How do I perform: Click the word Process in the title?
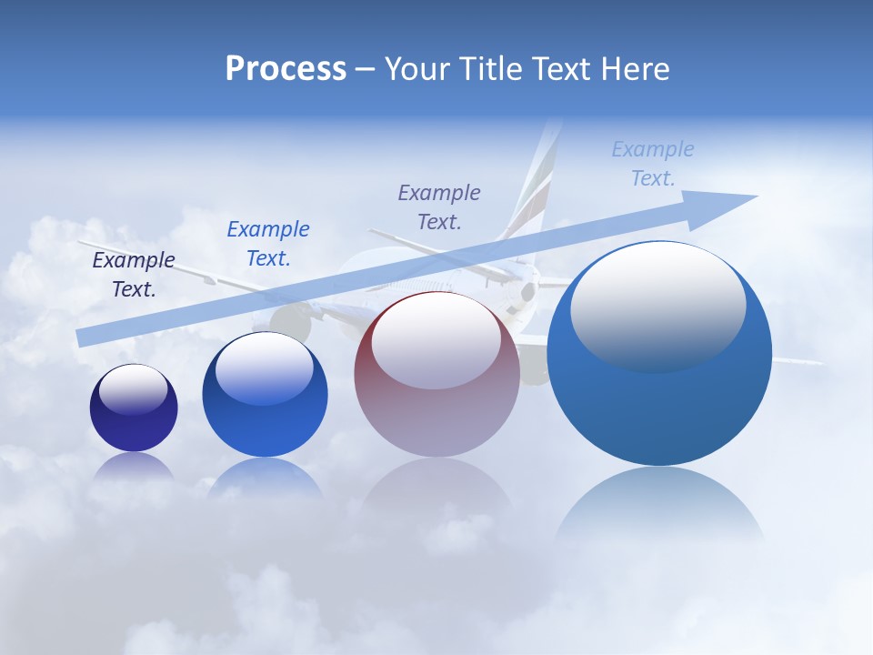[286, 68]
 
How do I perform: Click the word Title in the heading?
[491, 69]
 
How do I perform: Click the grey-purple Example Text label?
[439, 207]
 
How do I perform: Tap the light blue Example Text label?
[653, 164]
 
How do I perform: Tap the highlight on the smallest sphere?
[134, 389]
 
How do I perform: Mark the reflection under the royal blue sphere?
[265, 478]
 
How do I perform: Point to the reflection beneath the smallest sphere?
[134, 466]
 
